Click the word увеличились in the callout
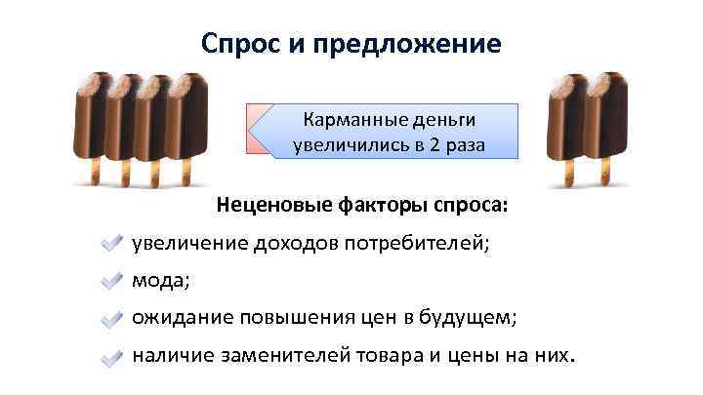pos(353,146)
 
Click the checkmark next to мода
pos(112,281)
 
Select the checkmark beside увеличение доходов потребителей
pos(112,244)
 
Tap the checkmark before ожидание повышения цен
pos(112,318)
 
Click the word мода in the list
pos(160,281)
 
